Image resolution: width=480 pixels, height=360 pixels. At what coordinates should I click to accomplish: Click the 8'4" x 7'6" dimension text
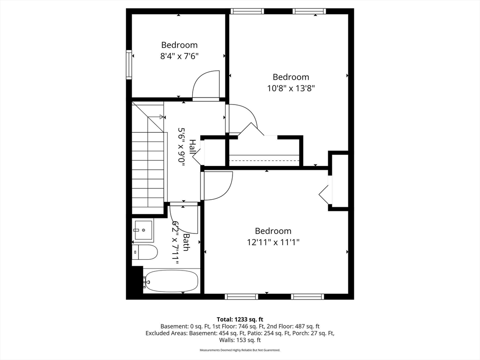click(x=180, y=56)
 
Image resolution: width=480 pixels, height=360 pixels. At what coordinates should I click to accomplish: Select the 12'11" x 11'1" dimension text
click(x=273, y=242)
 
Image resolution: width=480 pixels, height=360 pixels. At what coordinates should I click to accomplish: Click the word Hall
click(x=192, y=147)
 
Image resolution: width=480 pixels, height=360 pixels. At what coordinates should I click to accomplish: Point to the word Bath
click(x=186, y=242)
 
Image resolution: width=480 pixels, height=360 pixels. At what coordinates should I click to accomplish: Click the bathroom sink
click(x=143, y=230)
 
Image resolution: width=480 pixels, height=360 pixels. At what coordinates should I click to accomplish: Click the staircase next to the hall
click(x=148, y=164)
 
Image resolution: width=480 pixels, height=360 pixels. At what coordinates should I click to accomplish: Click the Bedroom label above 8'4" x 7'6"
click(x=180, y=45)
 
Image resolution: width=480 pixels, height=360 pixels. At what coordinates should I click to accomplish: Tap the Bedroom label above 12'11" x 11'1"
click(x=273, y=231)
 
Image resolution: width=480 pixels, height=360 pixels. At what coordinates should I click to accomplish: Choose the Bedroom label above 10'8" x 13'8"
click(x=291, y=77)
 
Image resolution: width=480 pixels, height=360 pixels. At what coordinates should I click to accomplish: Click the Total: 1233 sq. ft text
click(x=240, y=319)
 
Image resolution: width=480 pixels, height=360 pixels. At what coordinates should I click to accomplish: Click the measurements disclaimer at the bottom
click(x=240, y=350)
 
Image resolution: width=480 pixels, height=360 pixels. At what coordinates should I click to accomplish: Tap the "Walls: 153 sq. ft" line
click(x=240, y=340)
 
